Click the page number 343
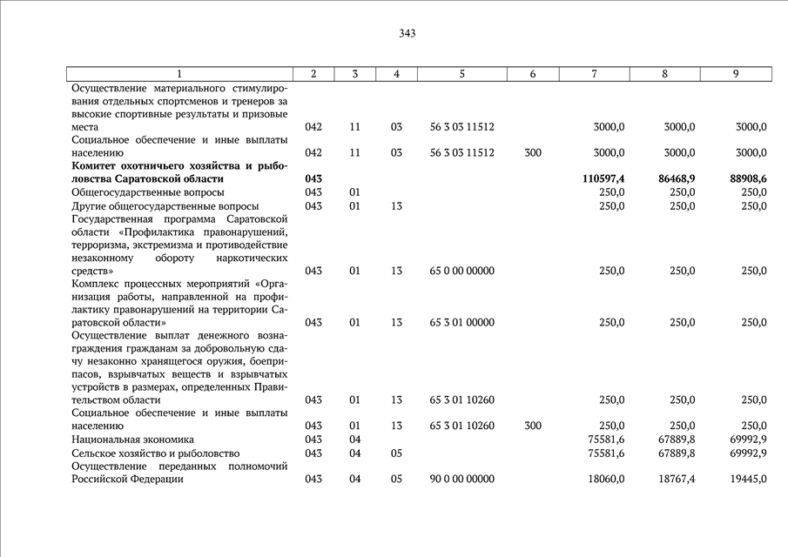[x=407, y=34]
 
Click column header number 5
[x=461, y=74]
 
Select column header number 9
[x=736, y=74]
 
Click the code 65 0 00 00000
[x=462, y=271]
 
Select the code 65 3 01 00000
[x=462, y=322]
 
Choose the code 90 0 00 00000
[x=462, y=479]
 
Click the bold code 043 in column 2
[x=313, y=178]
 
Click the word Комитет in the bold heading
[x=98, y=165]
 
